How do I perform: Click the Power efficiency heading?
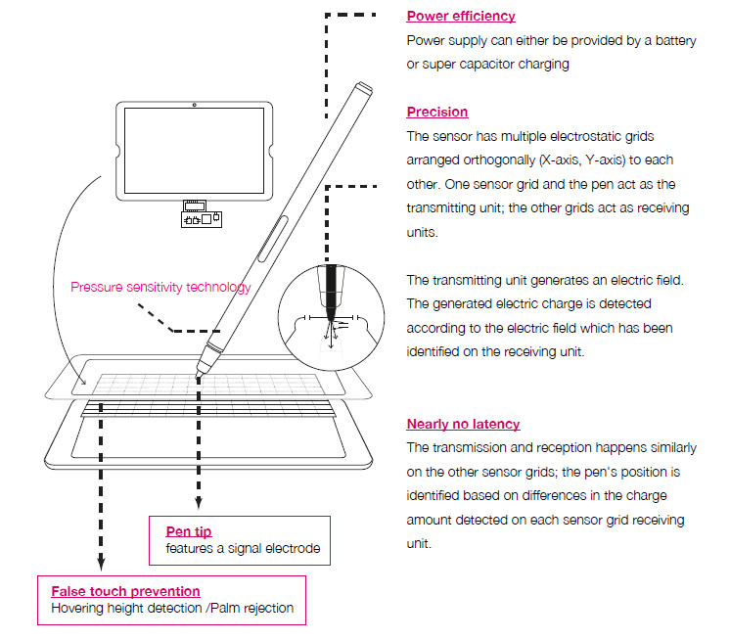[461, 16]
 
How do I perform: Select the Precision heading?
[437, 112]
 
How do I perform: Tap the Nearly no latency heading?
[463, 424]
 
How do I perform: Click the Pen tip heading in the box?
[189, 531]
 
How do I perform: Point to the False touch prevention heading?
[125, 591]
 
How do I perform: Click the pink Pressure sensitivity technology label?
[160, 287]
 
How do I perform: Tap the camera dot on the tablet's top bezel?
[194, 105]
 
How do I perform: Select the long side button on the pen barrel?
[273, 239]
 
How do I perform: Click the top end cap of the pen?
[363, 88]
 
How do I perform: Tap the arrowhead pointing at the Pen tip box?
[199, 503]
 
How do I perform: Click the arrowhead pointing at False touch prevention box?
[101, 564]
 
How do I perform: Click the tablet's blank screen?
[194, 151]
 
